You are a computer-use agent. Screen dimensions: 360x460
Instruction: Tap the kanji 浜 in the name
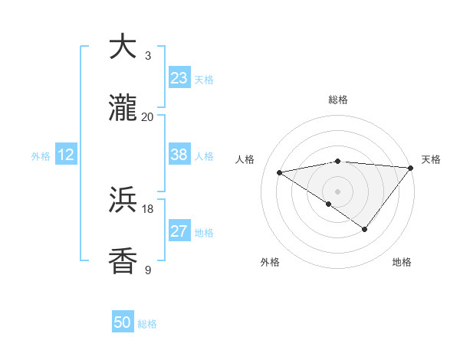click(x=123, y=201)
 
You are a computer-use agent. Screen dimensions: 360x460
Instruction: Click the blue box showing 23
click(x=179, y=78)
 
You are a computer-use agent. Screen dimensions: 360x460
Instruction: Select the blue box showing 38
click(x=179, y=155)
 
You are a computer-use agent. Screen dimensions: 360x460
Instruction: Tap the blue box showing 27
click(x=179, y=231)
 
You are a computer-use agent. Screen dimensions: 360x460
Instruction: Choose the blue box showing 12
click(x=66, y=155)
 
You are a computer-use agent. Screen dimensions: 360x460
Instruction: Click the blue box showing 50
click(x=123, y=322)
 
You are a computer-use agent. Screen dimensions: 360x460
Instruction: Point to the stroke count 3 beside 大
click(x=147, y=55)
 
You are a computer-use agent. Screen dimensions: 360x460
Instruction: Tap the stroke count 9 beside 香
click(x=147, y=270)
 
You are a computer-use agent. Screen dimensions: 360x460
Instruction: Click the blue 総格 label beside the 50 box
click(x=147, y=324)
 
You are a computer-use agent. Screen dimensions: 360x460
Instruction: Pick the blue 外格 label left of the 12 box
click(x=41, y=156)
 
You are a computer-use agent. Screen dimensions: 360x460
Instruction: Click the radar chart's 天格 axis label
click(x=431, y=159)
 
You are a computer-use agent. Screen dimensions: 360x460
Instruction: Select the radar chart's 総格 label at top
click(x=338, y=100)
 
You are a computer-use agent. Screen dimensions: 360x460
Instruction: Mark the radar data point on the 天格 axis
click(x=410, y=168)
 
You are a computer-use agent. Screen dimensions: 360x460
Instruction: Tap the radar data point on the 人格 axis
click(x=280, y=172)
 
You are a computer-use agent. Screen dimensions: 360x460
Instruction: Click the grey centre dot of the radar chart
click(x=338, y=191)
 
